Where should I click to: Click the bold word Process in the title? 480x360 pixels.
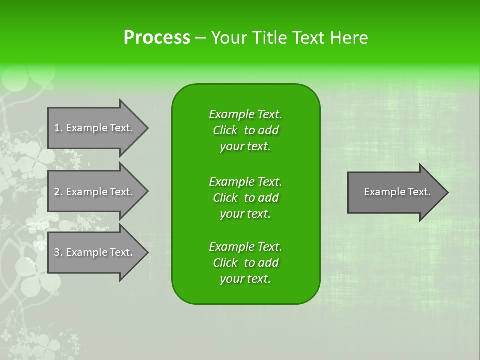pyautogui.click(x=157, y=38)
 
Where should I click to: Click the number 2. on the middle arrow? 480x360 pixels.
pyautogui.click(x=58, y=192)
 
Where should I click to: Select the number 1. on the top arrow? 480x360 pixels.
pyautogui.click(x=58, y=128)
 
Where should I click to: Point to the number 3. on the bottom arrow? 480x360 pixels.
pyautogui.click(x=58, y=252)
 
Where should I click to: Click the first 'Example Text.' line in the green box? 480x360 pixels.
pyautogui.click(x=245, y=114)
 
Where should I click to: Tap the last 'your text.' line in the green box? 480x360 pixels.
pyautogui.click(x=245, y=279)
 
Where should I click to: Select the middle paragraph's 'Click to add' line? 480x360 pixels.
pyautogui.click(x=245, y=198)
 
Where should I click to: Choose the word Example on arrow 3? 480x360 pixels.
pyautogui.click(x=86, y=252)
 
